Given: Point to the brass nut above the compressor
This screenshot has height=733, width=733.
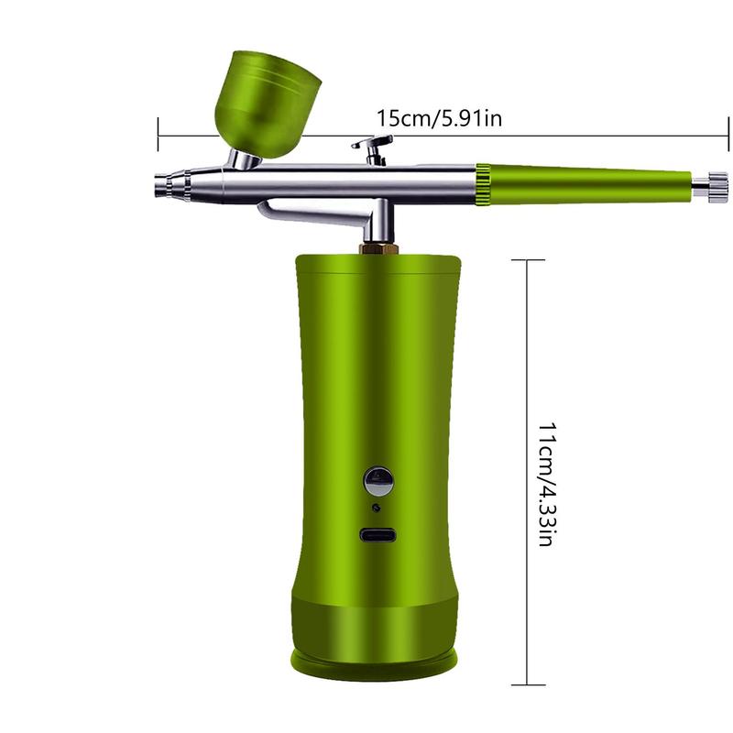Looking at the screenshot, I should pos(376,248).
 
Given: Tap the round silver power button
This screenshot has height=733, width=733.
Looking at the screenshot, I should pos(377,479).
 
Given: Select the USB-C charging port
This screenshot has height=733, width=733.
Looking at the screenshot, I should pos(377,537).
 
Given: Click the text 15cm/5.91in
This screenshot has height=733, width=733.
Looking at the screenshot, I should pos(438,118).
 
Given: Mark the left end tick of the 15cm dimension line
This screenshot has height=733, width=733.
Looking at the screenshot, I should pos(159,135).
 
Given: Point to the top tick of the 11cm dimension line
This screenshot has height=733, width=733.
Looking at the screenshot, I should pos(526,260).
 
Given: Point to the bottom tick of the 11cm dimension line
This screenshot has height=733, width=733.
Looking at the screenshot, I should pos(526,684).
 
